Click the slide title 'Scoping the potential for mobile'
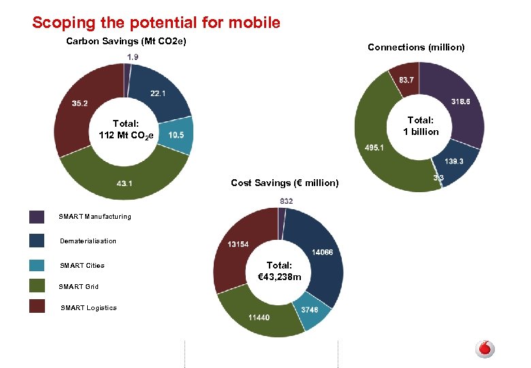click(156, 22)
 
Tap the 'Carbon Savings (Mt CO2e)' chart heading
click(126, 42)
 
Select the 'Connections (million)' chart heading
click(416, 47)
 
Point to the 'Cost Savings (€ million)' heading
click(285, 183)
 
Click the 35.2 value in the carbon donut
click(80, 103)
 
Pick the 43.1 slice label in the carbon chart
click(125, 183)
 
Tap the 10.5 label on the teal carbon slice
click(176, 135)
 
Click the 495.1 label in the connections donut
click(374, 147)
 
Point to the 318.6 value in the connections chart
click(460, 102)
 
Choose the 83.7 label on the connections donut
click(406, 80)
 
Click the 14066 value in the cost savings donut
click(323, 252)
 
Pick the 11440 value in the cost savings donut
click(259, 318)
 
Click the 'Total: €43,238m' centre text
click(279, 271)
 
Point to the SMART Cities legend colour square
click(37, 265)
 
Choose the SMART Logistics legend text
click(88, 308)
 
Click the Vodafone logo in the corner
click(484, 349)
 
